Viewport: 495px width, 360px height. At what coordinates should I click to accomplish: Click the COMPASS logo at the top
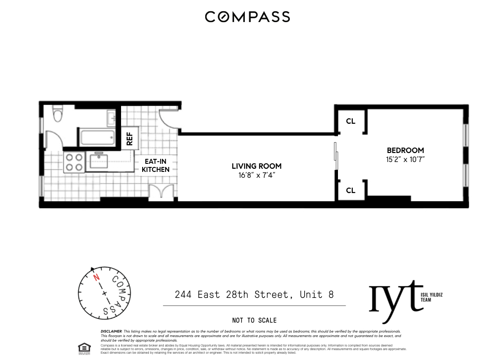[247, 17]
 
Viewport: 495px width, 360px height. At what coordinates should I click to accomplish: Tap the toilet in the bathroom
[58, 114]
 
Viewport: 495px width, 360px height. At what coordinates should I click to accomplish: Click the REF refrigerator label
[130, 139]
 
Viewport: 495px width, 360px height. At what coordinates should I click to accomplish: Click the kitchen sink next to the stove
[99, 161]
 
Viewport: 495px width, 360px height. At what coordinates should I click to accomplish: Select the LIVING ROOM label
[256, 166]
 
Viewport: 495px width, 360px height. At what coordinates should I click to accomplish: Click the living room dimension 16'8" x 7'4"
[256, 175]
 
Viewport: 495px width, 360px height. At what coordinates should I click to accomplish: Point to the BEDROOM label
[405, 150]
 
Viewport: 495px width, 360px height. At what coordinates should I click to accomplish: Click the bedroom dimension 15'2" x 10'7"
[405, 159]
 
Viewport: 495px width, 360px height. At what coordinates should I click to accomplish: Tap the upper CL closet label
[351, 121]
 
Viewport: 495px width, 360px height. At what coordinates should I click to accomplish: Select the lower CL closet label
[351, 190]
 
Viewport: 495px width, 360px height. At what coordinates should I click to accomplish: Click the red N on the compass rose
[96, 278]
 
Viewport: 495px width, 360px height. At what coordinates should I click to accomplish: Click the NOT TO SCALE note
[254, 320]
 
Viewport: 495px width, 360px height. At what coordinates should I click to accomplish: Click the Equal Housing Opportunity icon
[84, 348]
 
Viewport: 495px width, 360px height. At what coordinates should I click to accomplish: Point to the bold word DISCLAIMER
[112, 331]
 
